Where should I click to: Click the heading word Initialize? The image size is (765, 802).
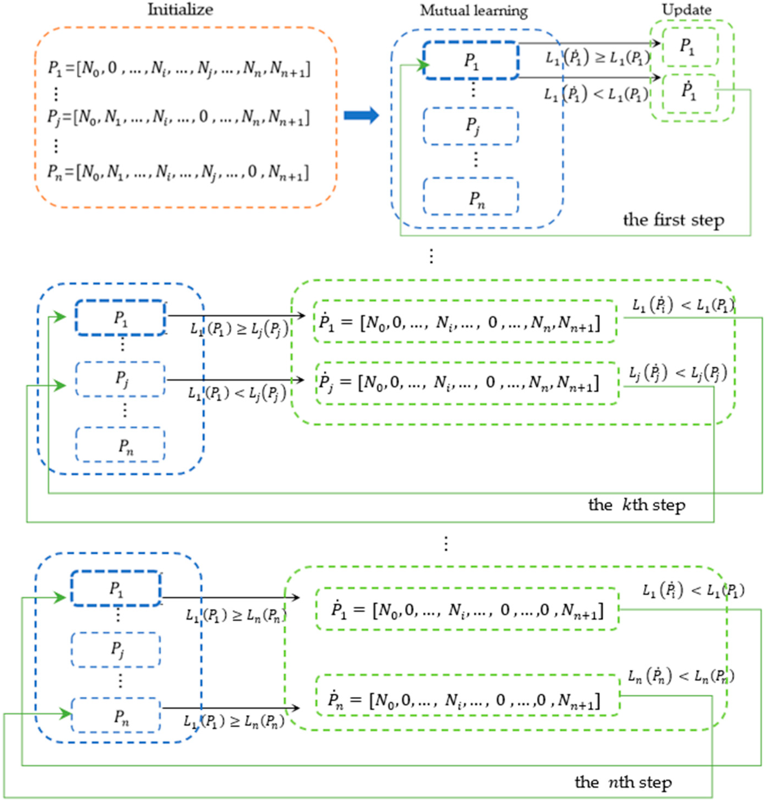point(180,10)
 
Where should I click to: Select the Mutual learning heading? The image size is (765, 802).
point(474,11)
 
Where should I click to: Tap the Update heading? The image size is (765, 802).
point(687,10)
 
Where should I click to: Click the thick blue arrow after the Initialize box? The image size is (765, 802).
point(361,115)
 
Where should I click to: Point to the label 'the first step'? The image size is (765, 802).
point(673,220)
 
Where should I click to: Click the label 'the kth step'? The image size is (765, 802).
point(636,505)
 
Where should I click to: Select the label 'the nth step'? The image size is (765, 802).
point(623,782)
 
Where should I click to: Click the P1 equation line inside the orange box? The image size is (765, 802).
point(179,69)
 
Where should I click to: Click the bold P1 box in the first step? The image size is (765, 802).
point(471,60)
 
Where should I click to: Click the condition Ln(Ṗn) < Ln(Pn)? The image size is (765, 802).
point(680,677)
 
